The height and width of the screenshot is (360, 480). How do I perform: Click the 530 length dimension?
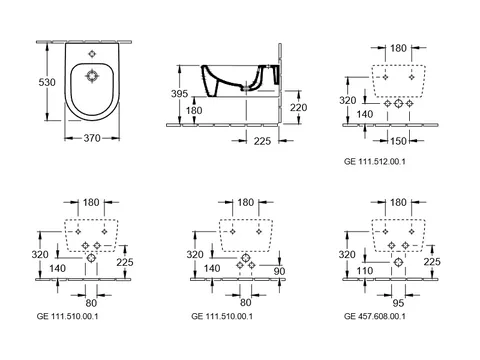coord(47,82)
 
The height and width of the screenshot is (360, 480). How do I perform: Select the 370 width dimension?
coord(92,138)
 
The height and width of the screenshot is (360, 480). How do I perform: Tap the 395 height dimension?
coord(179,94)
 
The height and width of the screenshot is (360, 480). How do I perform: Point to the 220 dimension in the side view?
coord(298,107)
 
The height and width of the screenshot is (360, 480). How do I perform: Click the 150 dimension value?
coord(398,141)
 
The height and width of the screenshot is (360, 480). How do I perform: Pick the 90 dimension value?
coord(279,271)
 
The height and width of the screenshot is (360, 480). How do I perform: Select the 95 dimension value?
coord(398,303)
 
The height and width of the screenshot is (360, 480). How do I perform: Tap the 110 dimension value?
coord(364,271)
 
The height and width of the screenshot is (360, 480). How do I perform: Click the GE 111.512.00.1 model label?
coord(375,162)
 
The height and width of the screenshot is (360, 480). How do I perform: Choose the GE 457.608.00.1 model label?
coord(375,316)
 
